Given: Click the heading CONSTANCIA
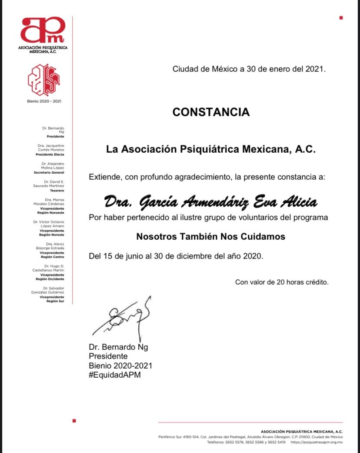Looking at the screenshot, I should tap(211, 112).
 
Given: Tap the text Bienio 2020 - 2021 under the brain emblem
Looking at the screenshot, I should tap(43, 101).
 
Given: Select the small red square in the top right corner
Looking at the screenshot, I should tap(341, 18).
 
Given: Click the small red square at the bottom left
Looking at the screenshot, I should tap(74, 421).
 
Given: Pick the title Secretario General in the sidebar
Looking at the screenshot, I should tap(50, 173).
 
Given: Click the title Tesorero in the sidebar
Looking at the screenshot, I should tap(56, 191).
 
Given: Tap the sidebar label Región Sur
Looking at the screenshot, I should tap(55, 301).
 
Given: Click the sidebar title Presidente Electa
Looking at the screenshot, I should tap(50, 154).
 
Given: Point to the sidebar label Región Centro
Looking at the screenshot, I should tap(52, 257).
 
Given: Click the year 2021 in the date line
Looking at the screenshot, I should tap(315, 69).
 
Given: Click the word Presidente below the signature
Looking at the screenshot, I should tap(108, 356).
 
